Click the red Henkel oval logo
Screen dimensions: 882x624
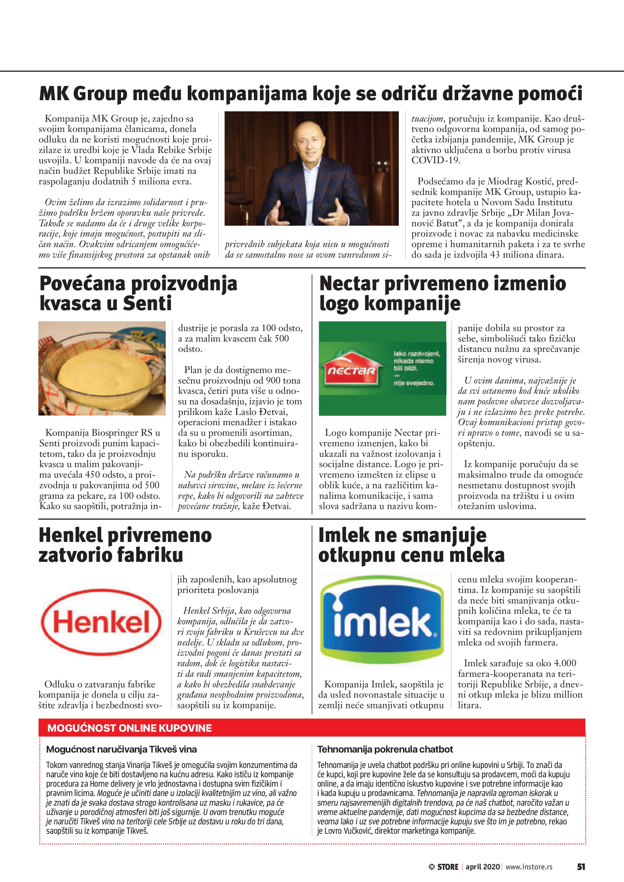pyautogui.click(x=101, y=622)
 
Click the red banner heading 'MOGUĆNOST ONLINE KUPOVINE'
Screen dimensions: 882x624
pyautogui.click(x=130, y=728)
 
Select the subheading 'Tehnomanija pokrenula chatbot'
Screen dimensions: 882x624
pyautogui.click(x=385, y=750)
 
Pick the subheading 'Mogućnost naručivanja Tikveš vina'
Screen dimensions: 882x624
pyautogui.click(x=121, y=750)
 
